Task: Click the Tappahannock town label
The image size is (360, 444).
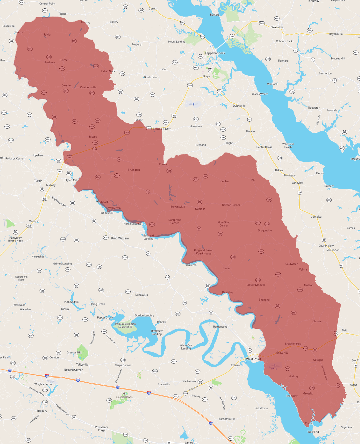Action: (215, 53)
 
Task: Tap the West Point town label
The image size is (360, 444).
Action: (253, 359)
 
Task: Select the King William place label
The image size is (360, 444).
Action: (120, 238)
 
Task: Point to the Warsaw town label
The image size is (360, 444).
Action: (277, 27)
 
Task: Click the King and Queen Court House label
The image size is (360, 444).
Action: (203, 252)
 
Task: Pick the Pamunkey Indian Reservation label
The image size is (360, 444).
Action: (125, 325)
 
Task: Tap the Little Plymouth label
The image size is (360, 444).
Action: (256, 285)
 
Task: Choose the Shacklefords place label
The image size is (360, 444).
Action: (293, 344)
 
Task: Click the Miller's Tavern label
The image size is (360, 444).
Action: (162, 129)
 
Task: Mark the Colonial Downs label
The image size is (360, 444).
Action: (124, 397)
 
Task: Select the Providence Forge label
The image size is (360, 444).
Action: (102, 429)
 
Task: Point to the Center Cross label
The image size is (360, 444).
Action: (264, 147)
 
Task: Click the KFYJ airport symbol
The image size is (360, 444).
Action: (274, 365)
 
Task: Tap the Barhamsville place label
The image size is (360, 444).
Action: (226, 419)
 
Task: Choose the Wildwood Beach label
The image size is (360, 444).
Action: (288, 146)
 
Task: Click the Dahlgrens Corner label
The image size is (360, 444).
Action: (175, 221)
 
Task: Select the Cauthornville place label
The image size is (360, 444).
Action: (88, 88)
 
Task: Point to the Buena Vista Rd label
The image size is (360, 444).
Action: (324, 373)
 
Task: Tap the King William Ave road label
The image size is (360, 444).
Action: (59, 202)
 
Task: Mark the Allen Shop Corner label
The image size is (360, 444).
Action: (224, 224)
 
